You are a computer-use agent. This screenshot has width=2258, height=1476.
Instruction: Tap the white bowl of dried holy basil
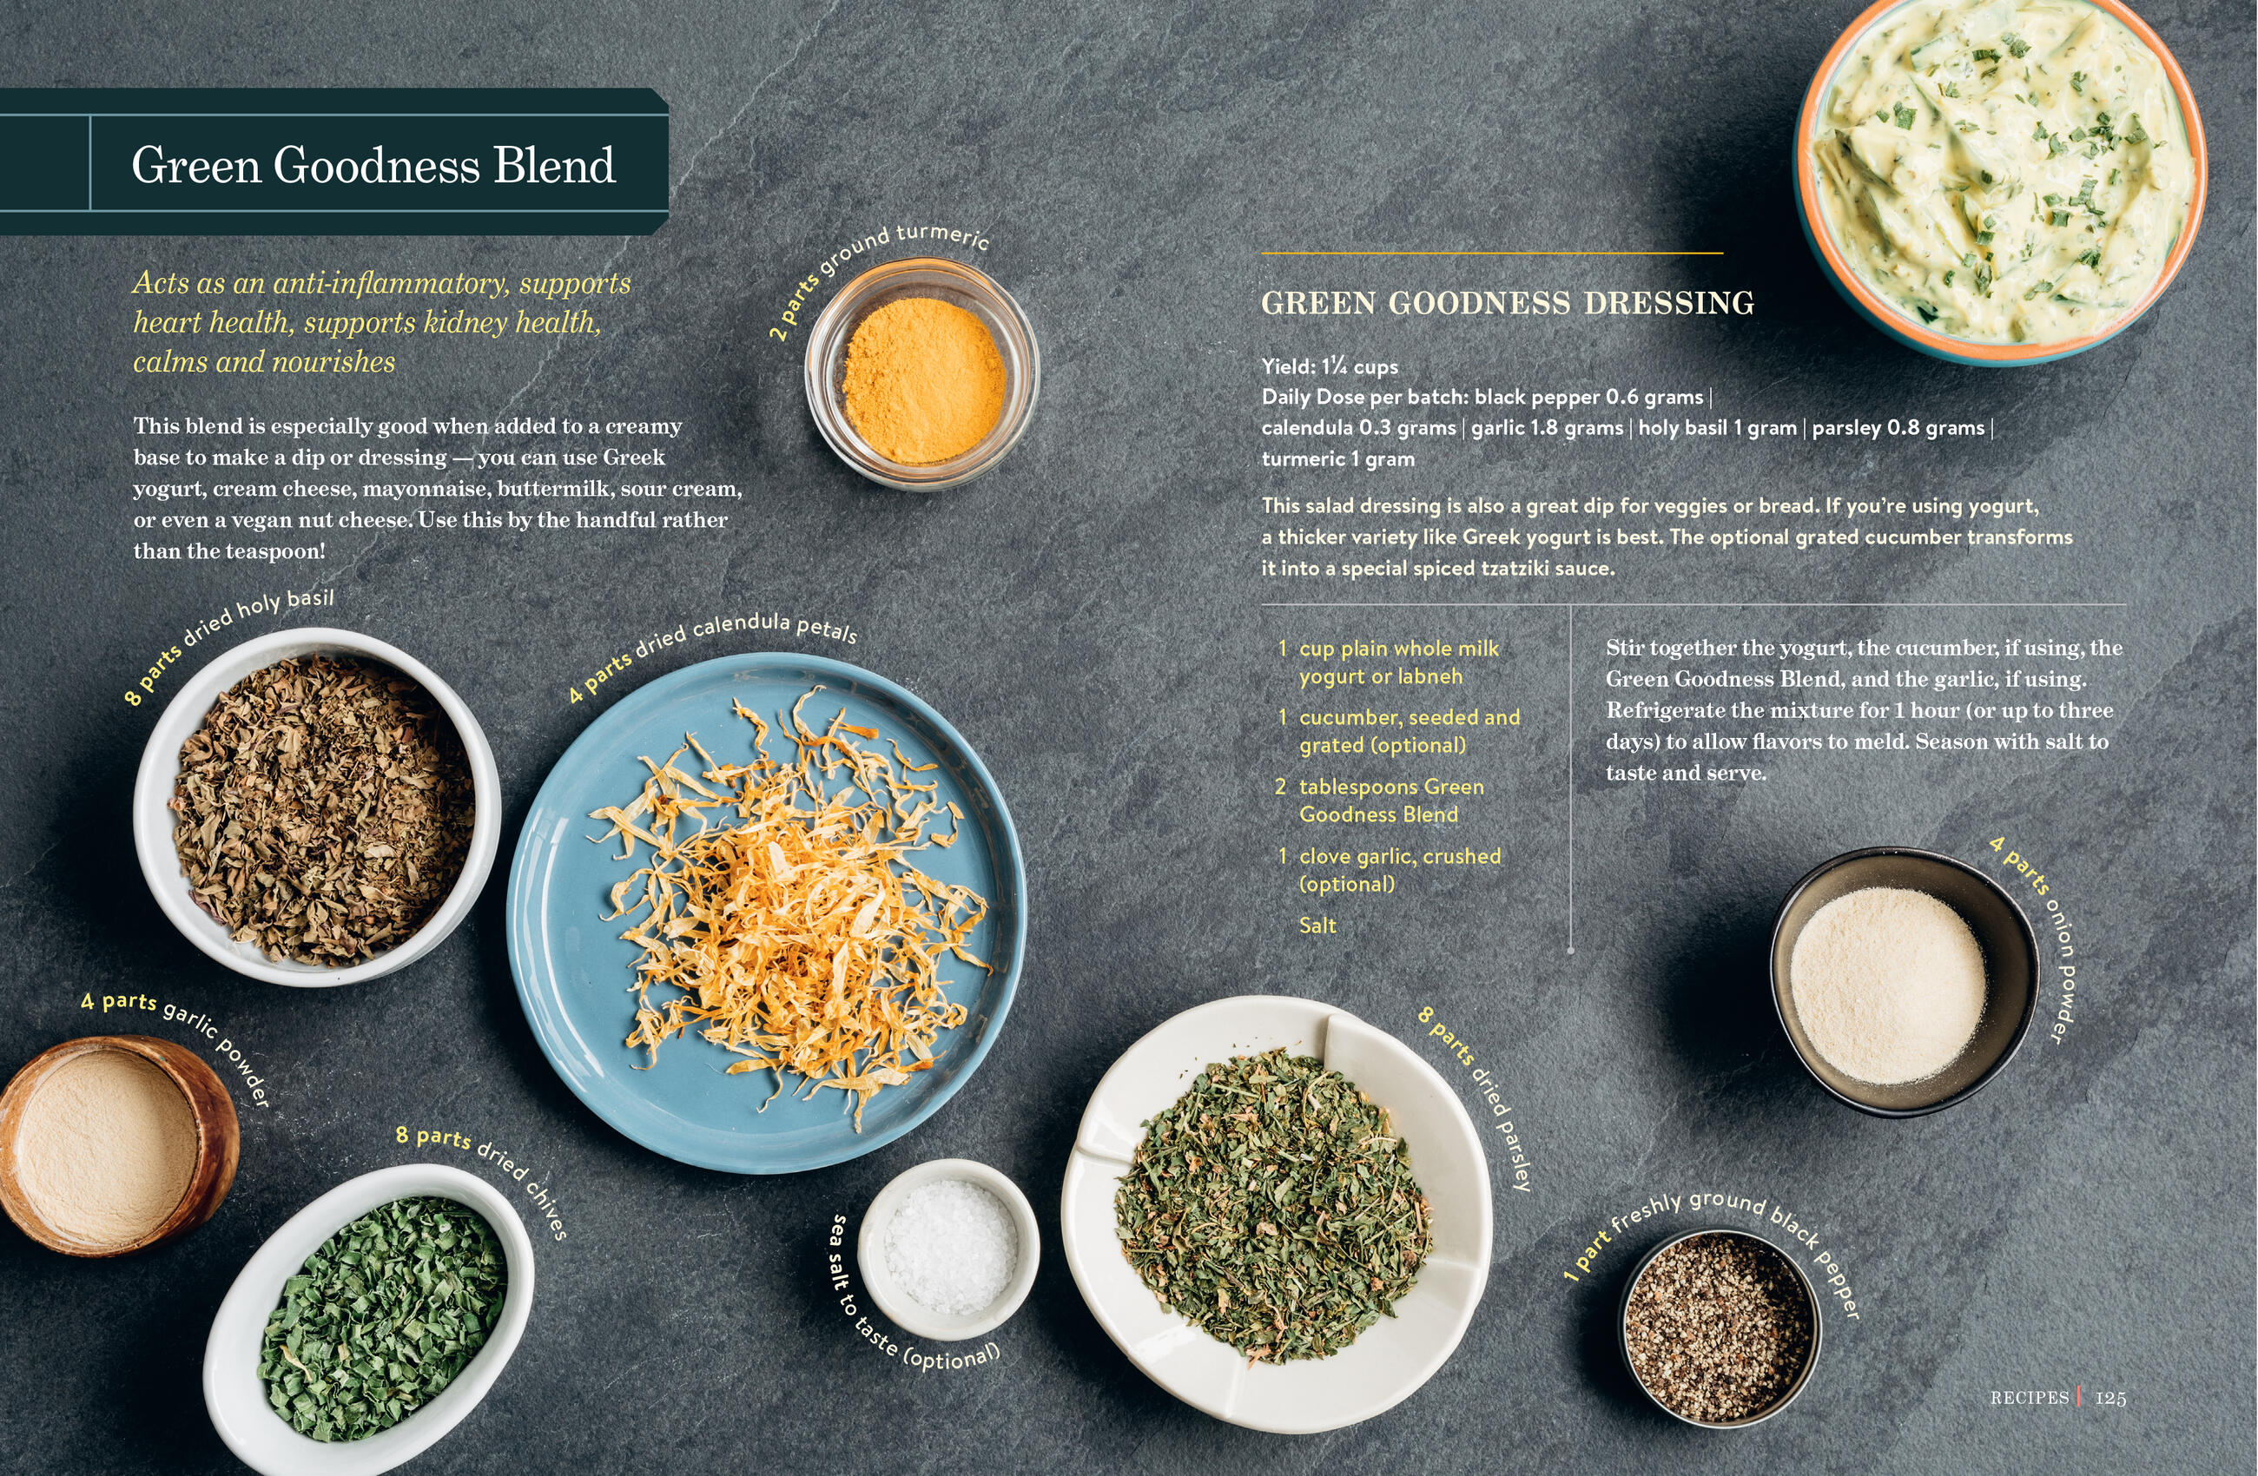coord(318,807)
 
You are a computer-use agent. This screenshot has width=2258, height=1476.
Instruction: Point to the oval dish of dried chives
coord(370,1319)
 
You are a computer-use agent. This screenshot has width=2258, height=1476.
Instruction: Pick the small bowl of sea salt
coord(948,1249)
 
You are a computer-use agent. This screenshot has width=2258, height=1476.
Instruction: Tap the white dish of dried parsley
coord(1277,1213)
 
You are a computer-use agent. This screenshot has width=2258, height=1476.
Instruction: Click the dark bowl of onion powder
coord(1903,982)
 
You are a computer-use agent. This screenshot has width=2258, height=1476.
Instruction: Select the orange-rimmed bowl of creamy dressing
coord(2000,175)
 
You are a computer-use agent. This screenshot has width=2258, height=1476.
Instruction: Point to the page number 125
coord(2111,1397)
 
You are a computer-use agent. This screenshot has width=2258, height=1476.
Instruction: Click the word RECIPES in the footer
coord(2030,1397)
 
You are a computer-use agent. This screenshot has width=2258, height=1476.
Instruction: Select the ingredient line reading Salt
coord(1317,925)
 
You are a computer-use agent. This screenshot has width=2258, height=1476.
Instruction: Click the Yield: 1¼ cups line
coord(1330,366)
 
